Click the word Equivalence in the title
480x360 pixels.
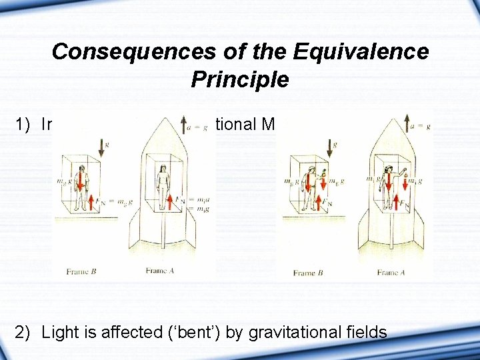tap(365, 51)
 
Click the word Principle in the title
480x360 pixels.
tap(240, 80)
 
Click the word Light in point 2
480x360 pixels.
tap(59, 331)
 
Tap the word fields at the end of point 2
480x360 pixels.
tap(363, 331)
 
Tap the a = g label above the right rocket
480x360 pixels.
tap(419, 125)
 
